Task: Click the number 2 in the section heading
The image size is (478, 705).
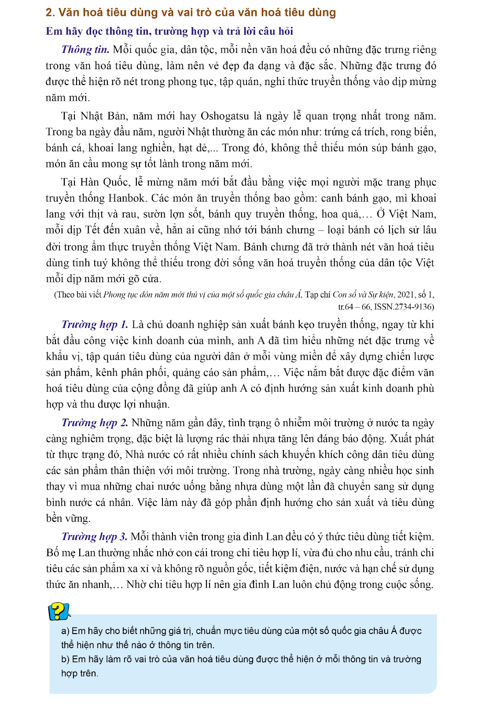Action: click(x=49, y=13)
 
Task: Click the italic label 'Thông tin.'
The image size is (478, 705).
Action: click(x=85, y=49)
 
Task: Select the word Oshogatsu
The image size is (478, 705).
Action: click(x=224, y=116)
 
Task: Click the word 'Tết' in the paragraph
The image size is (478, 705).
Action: click(x=93, y=230)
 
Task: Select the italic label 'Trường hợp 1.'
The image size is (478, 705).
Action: click(x=95, y=325)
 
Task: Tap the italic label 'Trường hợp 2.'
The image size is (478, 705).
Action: click(x=95, y=423)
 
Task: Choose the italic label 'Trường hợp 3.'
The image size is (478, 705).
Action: click(x=94, y=537)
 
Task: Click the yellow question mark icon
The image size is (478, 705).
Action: click(x=58, y=612)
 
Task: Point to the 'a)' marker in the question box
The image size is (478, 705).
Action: click(x=66, y=631)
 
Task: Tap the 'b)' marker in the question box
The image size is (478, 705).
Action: click(x=66, y=660)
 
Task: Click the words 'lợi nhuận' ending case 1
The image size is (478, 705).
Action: click(x=147, y=404)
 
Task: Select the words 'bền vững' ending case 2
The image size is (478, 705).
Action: click(x=68, y=519)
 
